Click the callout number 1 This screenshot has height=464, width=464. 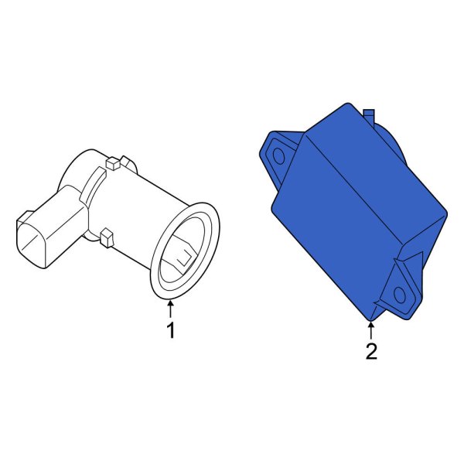coord(171,330)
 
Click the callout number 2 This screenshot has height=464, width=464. coord(371,351)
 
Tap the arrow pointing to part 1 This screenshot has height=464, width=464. coord(170,309)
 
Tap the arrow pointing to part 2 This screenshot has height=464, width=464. coord(370,330)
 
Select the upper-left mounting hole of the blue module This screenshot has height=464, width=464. coord(278,155)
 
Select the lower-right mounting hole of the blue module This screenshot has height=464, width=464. coord(400,295)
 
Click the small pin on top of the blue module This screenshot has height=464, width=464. coord(369,116)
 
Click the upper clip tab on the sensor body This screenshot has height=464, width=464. coord(113,164)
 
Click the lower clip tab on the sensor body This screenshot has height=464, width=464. coord(107,237)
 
